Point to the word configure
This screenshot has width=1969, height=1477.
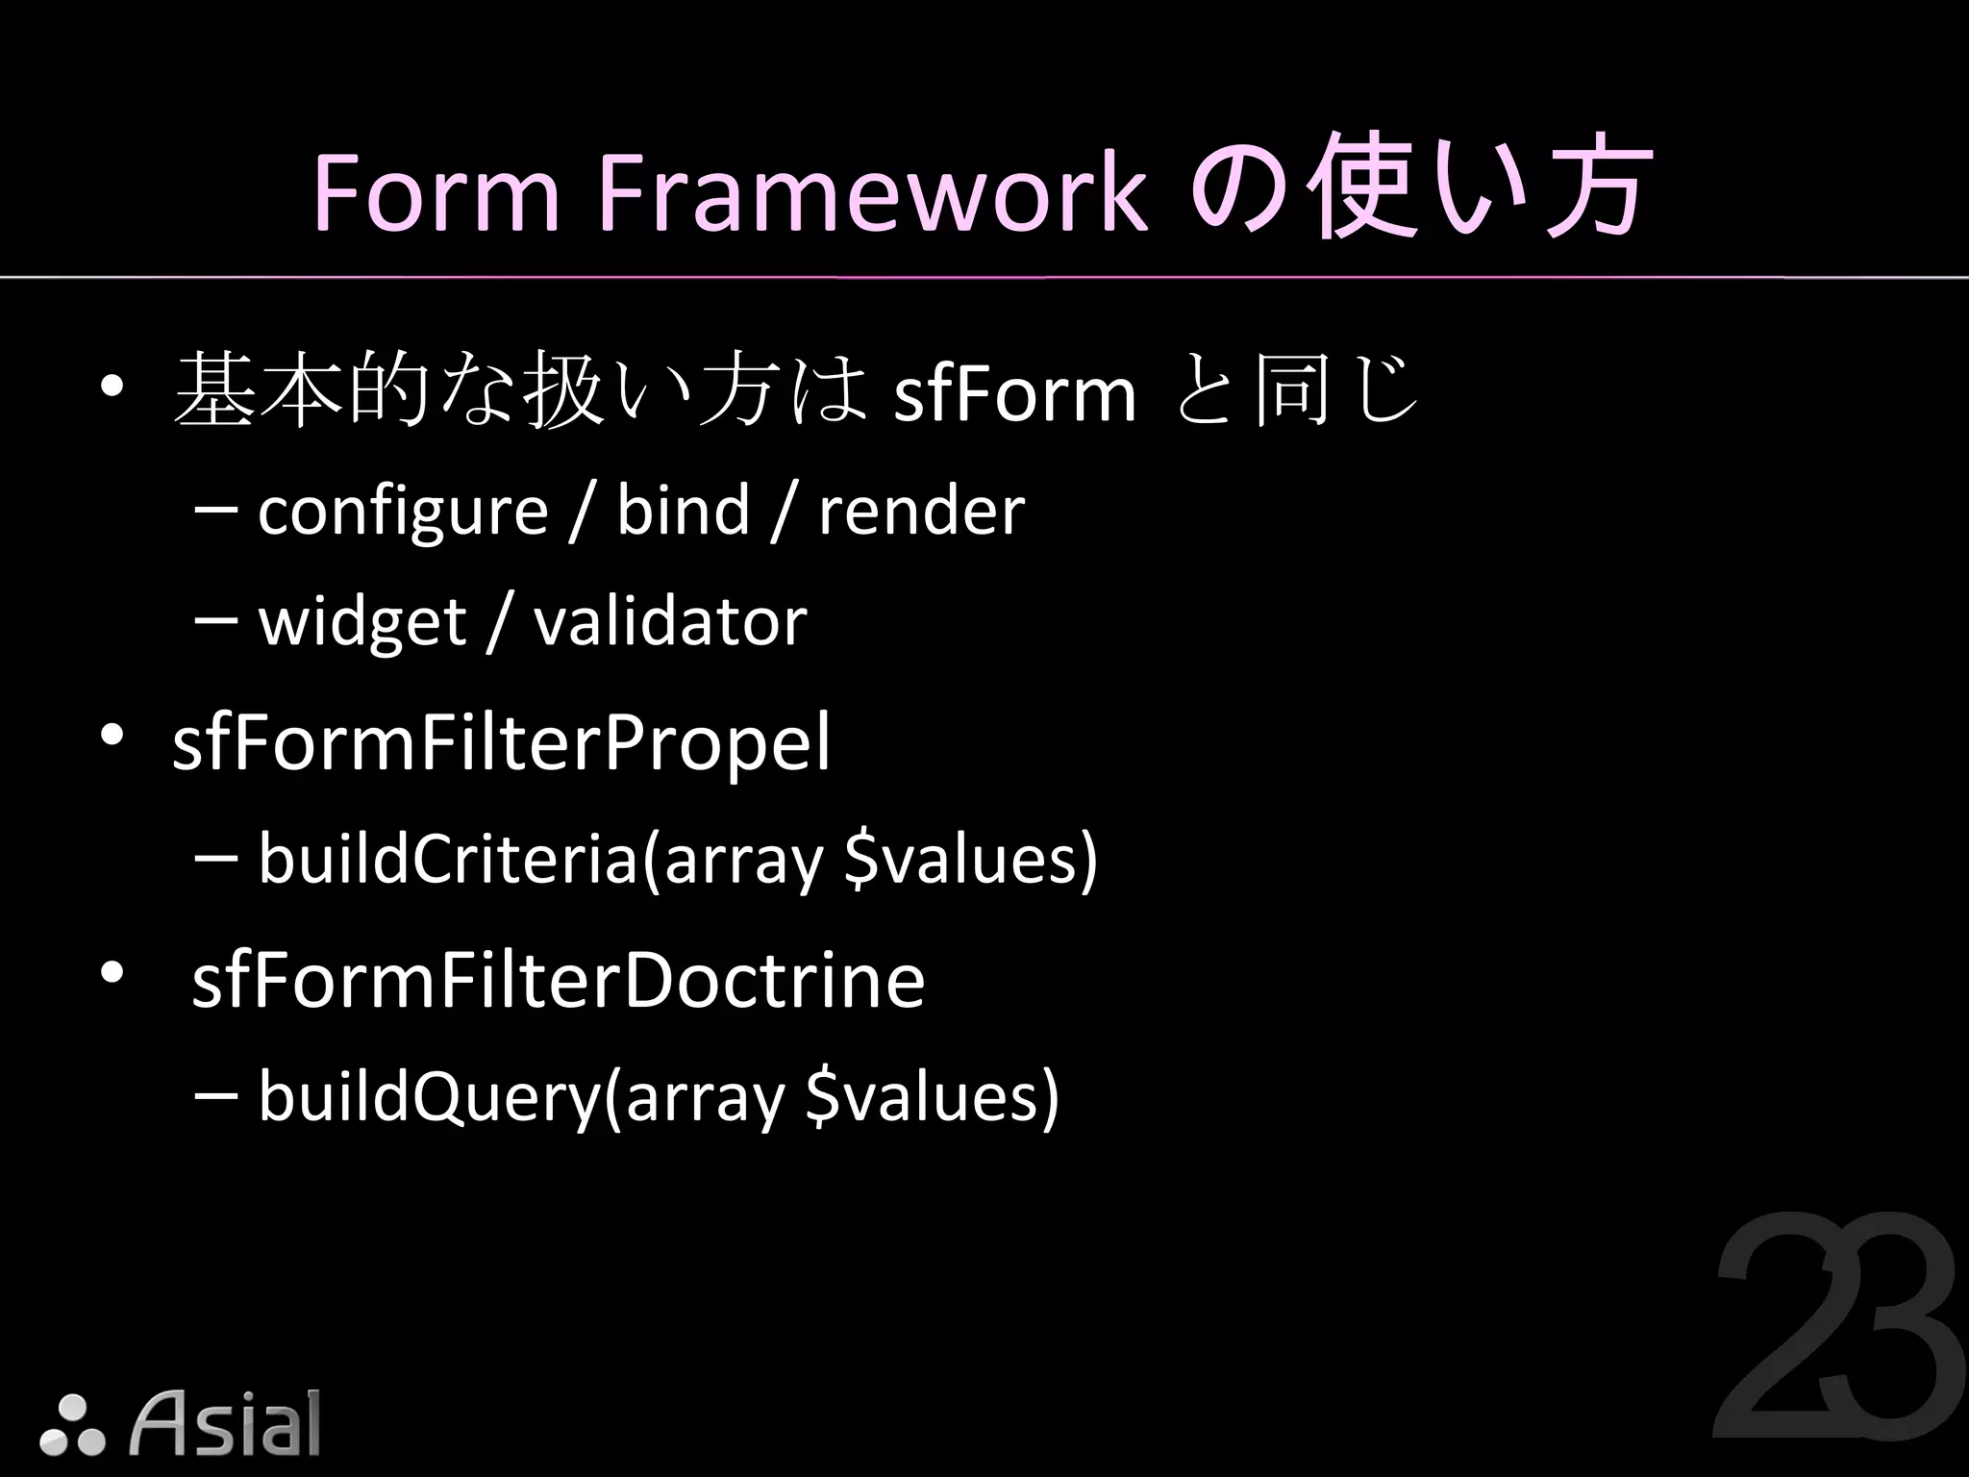point(403,512)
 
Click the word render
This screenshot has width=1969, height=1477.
point(921,512)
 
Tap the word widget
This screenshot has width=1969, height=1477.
point(362,623)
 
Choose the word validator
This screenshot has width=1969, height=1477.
point(670,622)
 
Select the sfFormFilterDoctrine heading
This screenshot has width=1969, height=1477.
point(558,980)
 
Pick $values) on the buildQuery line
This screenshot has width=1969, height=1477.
point(932,1097)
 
